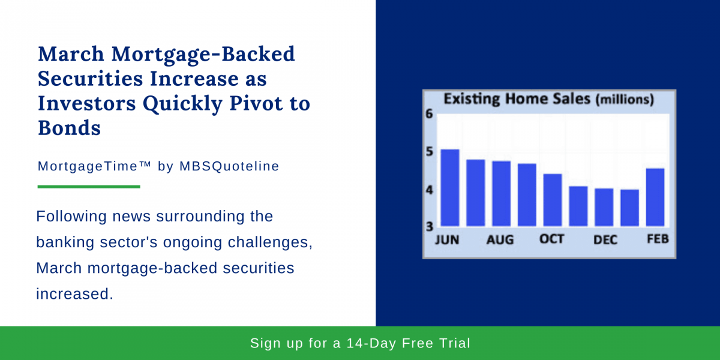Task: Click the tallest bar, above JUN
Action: click(450, 187)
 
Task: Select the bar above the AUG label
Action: click(501, 193)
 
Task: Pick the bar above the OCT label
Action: click(553, 200)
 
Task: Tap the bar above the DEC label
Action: click(604, 207)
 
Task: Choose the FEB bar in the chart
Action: click(655, 197)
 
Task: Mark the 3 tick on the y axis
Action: click(429, 226)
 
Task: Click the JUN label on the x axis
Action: click(446, 240)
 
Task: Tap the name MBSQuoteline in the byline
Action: click(229, 166)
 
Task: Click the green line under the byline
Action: click(89, 187)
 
